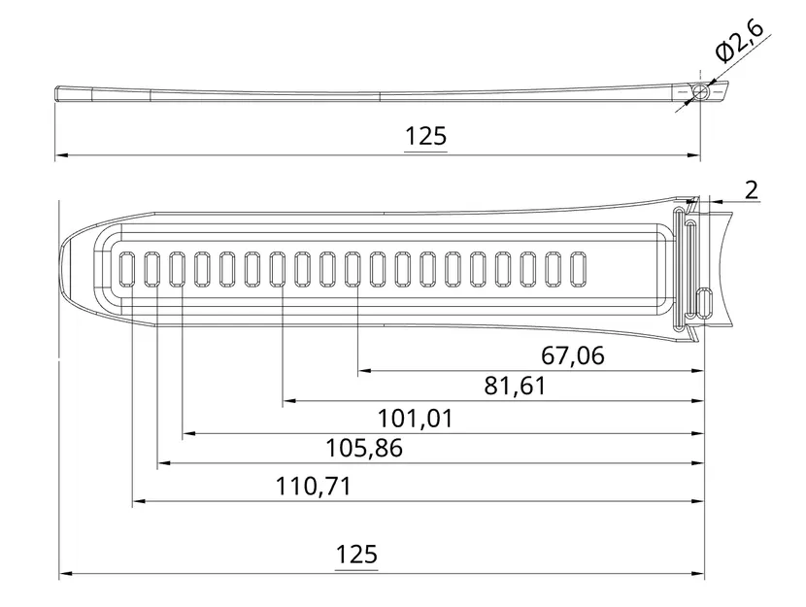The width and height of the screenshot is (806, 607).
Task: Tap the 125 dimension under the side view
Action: coord(425,137)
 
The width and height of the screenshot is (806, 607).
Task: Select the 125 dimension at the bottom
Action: coord(356,555)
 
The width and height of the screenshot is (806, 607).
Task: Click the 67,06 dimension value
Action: coord(573,355)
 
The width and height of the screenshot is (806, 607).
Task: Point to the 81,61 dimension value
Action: coord(515,386)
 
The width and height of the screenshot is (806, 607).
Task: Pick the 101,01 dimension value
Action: coord(416,419)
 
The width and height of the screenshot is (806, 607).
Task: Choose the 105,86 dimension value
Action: coord(364,448)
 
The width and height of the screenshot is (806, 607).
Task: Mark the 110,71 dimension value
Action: coord(314,487)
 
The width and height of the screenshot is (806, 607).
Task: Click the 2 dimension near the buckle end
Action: coord(751,190)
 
